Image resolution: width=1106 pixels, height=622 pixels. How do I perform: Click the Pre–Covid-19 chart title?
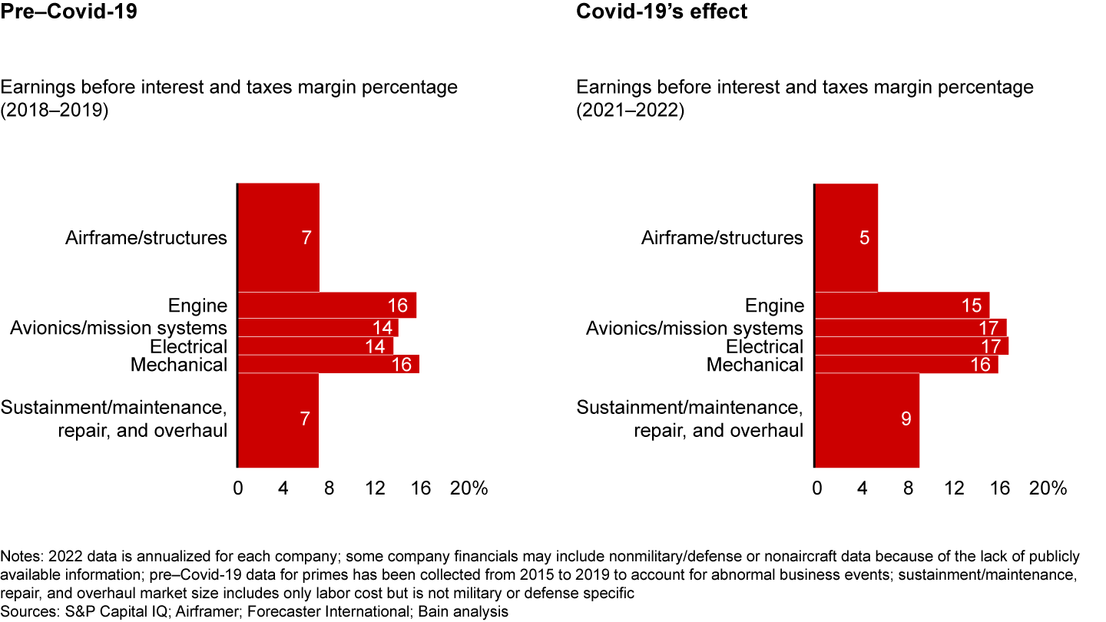tap(69, 12)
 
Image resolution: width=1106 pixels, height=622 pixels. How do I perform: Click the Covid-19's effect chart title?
tap(661, 12)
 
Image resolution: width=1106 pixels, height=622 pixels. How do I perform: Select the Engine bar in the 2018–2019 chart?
tap(327, 305)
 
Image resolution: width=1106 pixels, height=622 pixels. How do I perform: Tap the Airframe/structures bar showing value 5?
tap(846, 237)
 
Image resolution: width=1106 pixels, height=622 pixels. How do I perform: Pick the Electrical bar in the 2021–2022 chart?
tap(911, 346)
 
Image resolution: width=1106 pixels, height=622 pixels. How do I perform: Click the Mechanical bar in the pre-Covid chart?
tap(329, 365)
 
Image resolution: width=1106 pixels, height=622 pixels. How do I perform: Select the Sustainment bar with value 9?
tap(866, 419)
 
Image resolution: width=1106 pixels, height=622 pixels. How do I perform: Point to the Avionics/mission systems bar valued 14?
tap(318, 328)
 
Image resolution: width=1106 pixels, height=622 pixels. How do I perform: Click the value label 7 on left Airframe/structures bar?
tap(306, 238)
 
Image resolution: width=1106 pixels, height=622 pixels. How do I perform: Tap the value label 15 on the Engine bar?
tap(971, 306)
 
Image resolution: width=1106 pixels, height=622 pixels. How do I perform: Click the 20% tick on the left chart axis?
tap(469, 488)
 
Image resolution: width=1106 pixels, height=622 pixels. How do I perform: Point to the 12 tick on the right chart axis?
tap(954, 488)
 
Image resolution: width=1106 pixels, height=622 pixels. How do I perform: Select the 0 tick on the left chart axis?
tap(238, 488)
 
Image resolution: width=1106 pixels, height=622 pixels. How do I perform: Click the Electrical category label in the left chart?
tap(188, 346)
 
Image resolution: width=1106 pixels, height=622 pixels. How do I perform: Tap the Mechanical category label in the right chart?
tap(754, 365)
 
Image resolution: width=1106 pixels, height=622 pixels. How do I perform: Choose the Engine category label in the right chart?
tap(774, 306)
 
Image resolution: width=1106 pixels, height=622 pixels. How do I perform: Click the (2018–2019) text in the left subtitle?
tap(55, 110)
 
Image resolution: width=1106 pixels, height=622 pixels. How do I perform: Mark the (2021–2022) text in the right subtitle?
tap(631, 110)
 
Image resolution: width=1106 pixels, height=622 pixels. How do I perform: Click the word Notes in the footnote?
tap(20, 556)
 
